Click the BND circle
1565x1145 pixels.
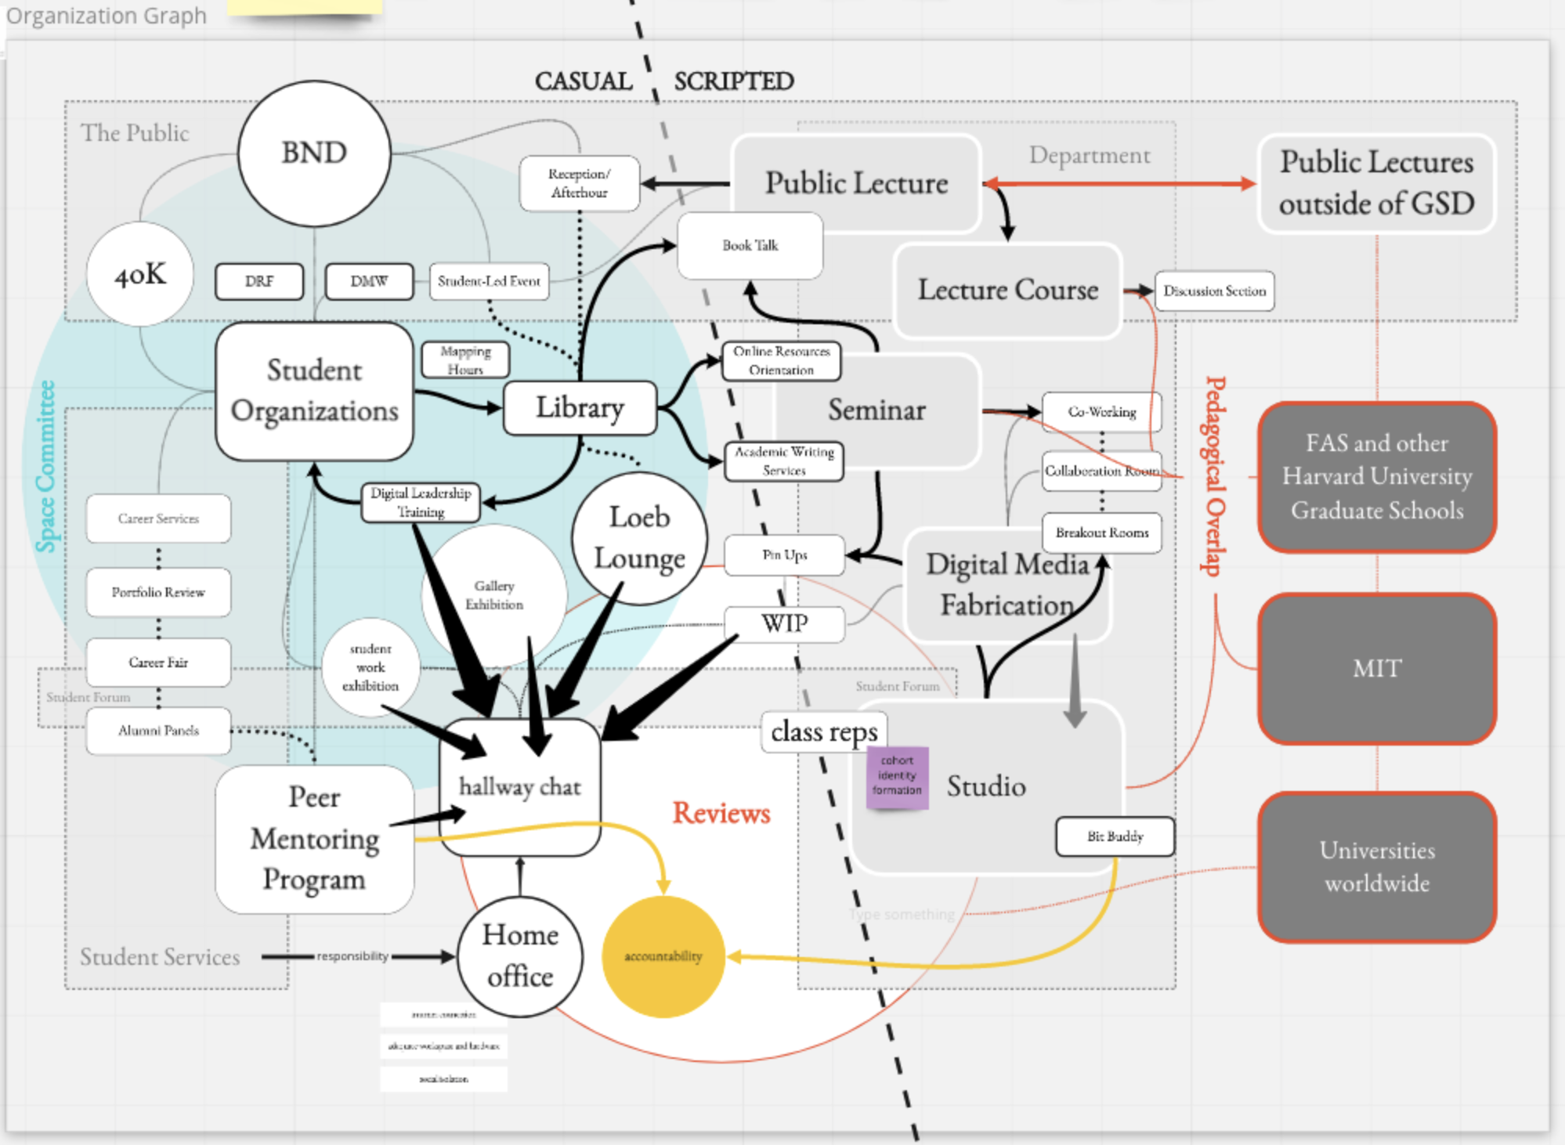coord(314,154)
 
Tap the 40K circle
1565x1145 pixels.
coord(140,274)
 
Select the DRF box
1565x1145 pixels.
coord(259,281)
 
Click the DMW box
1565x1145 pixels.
coord(369,281)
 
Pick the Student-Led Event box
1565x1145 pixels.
coord(489,281)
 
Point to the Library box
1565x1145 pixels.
coord(580,408)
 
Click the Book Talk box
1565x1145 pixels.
coord(750,245)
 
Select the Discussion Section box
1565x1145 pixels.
coord(1214,291)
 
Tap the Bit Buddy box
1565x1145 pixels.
coord(1115,836)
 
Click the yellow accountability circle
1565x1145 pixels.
coord(663,956)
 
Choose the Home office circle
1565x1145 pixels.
coord(520,956)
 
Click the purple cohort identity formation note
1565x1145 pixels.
coord(897,776)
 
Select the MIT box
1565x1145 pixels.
coord(1377,669)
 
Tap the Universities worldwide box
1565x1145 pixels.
coord(1377,867)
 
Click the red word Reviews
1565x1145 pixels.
coord(721,814)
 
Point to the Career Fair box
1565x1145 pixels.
coord(158,663)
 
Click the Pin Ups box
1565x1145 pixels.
coord(784,555)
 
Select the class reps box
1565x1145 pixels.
coord(824,732)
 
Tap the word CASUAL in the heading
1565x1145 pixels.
coord(584,81)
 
